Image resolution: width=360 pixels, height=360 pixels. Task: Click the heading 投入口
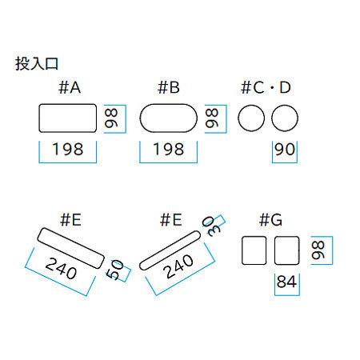pyautogui.click(x=37, y=64)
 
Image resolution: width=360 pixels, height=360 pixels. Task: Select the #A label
pyautogui.click(x=70, y=87)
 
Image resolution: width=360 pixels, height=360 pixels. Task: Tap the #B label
pyautogui.click(x=169, y=87)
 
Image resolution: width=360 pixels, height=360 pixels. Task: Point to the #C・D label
pyautogui.click(x=266, y=87)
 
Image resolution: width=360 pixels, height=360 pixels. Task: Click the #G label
pyautogui.click(x=270, y=220)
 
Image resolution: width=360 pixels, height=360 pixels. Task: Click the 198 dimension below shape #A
pyautogui.click(x=68, y=149)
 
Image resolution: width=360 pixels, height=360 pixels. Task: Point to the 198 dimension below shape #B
pyautogui.click(x=169, y=149)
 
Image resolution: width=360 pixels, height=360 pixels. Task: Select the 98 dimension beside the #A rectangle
pyautogui.click(x=111, y=118)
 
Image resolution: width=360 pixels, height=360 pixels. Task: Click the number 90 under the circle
pyautogui.click(x=285, y=149)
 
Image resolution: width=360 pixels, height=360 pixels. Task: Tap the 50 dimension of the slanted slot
pyautogui.click(x=115, y=270)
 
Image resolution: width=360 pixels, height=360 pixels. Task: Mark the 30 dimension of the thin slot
pyautogui.click(x=211, y=226)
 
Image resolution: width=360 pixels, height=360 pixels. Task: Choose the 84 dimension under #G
pyautogui.click(x=286, y=282)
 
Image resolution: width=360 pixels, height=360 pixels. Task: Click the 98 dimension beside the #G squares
pyautogui.click(x=318, y=250)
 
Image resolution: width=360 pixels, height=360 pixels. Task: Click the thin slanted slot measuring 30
pyautogui.click(x=170, y=250)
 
